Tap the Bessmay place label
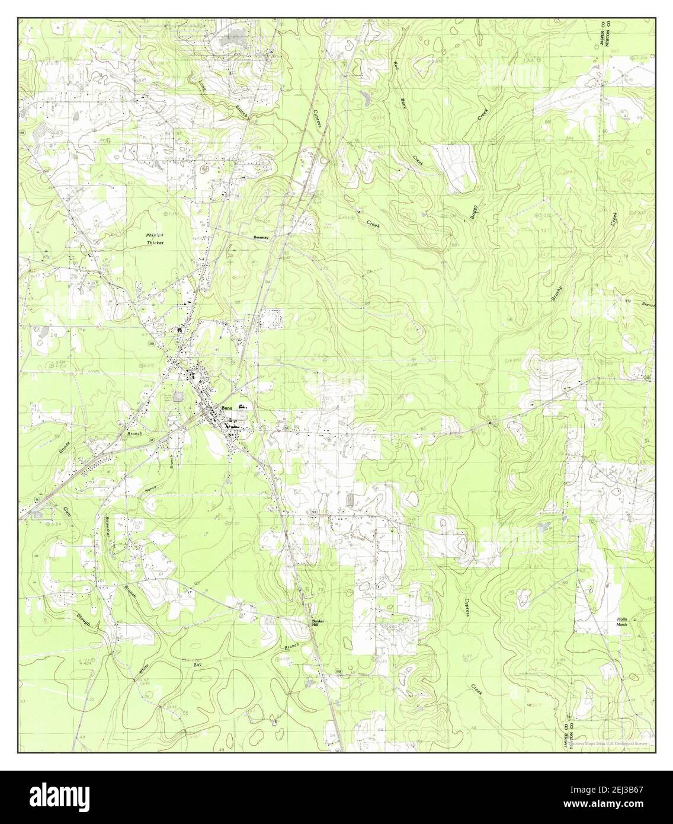pyautogui.click(x=261, y=237)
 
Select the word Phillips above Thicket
pyautogui.click(x=154, y=235)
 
